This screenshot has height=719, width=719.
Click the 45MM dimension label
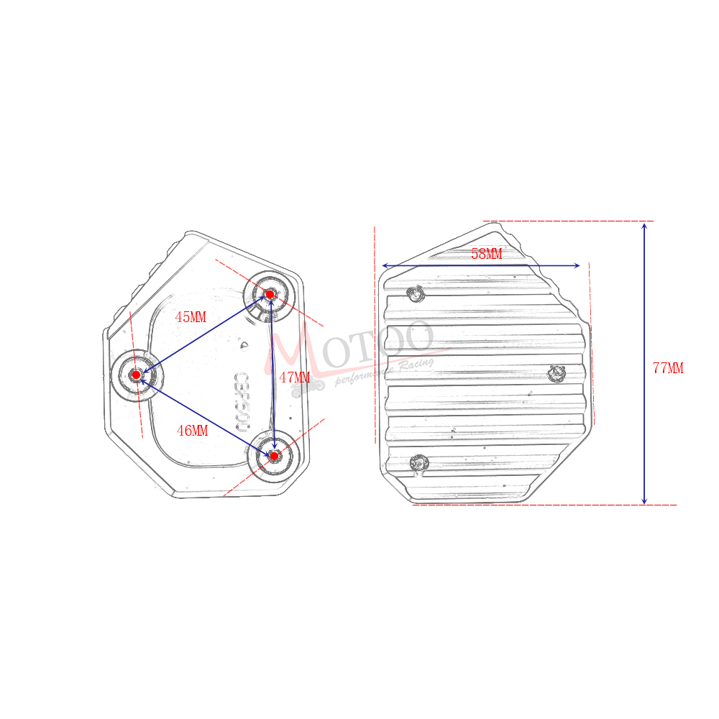191,317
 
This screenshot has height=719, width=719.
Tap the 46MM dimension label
192,431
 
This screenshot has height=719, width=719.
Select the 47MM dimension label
294,377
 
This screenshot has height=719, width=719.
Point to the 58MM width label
487,254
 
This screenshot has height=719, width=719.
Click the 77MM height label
668,369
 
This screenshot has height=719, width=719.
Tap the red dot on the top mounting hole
270,294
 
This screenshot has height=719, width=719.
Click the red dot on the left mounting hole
136,375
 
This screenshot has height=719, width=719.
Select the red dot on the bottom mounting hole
274,456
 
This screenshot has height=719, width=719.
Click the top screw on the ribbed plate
414,293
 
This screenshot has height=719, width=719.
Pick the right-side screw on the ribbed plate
557,373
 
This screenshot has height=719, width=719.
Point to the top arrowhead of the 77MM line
644,226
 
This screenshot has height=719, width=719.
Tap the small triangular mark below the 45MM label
244,344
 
